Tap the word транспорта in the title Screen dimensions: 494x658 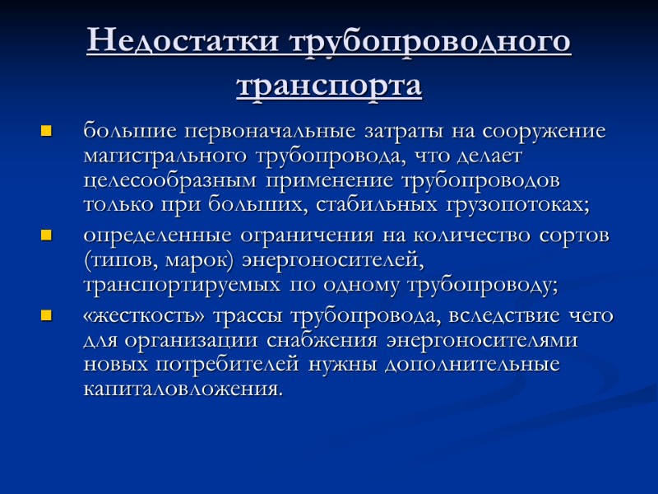click(329, 85)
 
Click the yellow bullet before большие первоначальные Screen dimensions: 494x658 click(46, 131)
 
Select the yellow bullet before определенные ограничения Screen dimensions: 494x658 click(46, 237)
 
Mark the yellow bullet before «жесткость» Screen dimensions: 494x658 click(46, 315)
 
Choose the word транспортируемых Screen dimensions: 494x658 click(178, 286)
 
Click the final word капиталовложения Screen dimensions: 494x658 click(182, 388)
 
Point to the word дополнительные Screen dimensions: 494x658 click(478, 364)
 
